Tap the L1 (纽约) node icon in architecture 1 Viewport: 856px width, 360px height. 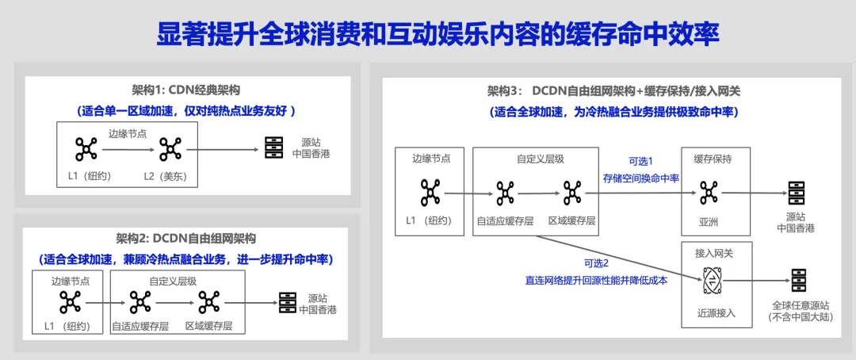point(85,148)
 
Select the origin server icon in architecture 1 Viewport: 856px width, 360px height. point(273,148)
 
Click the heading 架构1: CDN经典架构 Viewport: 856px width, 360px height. point(186,90)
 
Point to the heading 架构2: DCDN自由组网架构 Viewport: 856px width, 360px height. point(186,238)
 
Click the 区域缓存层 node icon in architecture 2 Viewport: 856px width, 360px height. point(208,302)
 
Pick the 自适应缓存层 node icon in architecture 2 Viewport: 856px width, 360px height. point(139,302)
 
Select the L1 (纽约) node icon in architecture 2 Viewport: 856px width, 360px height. point(70,302)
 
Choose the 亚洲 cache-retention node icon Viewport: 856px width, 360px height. point(708,192)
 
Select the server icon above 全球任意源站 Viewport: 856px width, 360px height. point(797,280)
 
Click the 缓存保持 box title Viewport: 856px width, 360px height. point(713,159)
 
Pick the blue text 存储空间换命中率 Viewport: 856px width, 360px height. point(641,178)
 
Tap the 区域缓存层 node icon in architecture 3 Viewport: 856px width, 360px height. point(571,192)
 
